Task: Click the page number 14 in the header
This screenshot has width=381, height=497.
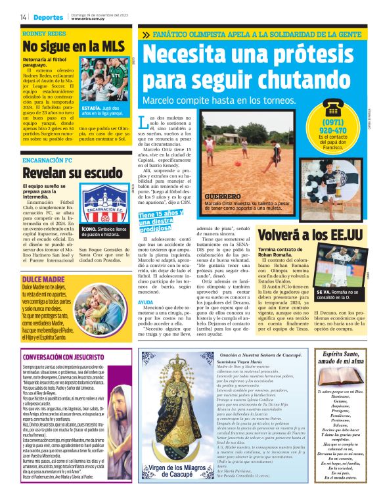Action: point(23,17)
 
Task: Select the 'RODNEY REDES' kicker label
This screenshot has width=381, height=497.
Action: point(44,32)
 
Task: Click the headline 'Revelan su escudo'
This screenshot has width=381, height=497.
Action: point(72,173)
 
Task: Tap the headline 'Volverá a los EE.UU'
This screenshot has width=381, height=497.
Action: point(309,235)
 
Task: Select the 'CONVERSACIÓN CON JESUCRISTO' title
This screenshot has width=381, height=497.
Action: point(70,358)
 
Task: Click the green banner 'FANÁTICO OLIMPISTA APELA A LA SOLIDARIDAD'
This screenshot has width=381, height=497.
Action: point(257,33)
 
